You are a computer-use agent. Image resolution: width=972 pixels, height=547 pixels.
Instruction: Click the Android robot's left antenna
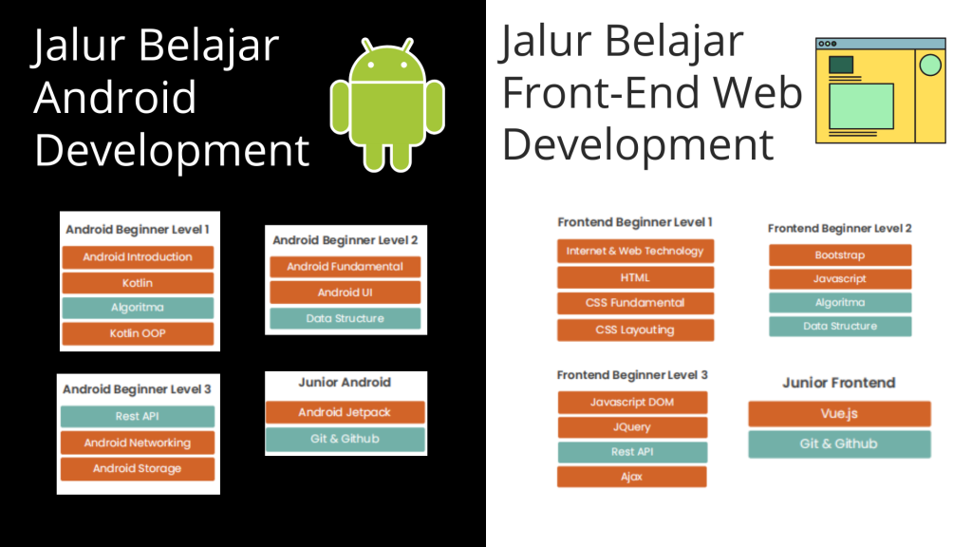click(x=367, y=46)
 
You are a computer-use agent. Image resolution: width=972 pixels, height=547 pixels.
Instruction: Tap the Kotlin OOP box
click(x=138, y=333)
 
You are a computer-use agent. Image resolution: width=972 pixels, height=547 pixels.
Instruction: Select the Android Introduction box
click(x=138, y=256)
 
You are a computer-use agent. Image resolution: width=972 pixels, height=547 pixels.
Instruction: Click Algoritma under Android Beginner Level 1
click(x=138, y=308)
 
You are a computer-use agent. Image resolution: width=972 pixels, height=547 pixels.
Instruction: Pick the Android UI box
click(x=346, y=292)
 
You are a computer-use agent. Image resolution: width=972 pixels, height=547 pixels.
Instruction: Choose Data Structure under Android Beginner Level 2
click(x=346, y=319)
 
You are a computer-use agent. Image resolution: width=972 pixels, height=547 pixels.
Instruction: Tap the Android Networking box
click(x=138, y=443)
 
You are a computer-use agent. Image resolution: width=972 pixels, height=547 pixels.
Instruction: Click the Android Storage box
click(x=138, y=469)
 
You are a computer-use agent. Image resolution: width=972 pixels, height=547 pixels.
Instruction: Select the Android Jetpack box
click(x=346, y=412)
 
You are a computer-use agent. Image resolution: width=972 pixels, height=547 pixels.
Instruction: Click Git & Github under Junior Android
click(x=346, y=439)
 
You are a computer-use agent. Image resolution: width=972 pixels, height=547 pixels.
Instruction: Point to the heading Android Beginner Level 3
click(x=137, y=389)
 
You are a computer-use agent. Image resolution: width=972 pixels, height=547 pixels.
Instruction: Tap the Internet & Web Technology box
click(x=635, y=251)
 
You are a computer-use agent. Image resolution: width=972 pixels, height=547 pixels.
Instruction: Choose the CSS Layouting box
click(x=635, y=330)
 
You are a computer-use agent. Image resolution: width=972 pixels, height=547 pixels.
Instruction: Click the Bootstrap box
click(x=840, y=255)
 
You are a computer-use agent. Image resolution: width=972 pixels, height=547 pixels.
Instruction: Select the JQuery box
click(x=632, y=427)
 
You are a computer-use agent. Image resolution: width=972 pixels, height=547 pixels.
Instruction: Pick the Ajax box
click(x=632, y=477)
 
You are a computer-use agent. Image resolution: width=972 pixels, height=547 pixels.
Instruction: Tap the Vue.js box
click(x=839, y=414)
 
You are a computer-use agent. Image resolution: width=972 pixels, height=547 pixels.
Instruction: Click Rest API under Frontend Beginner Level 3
click(x=632, y=452)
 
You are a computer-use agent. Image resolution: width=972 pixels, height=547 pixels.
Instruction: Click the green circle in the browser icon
click(x=930, y=66)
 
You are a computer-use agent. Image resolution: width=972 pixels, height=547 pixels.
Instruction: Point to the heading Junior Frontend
click(x=839, y=383)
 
